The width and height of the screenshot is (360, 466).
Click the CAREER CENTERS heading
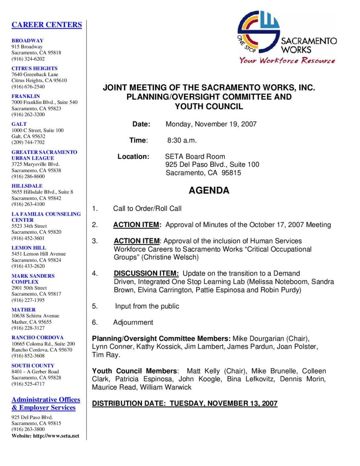tap(47, 25)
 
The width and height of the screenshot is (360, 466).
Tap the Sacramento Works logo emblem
tap(258, 32)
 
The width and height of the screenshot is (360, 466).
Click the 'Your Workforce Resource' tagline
tap(287, 60)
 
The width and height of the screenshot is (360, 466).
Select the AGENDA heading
tap(209, 190)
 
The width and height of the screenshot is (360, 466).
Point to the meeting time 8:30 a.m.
tap(182, 141)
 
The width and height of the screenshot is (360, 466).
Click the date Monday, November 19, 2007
tap(211, 124)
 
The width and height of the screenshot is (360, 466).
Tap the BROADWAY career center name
tap(27, 41)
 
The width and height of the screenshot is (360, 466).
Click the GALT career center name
tap(19, 124)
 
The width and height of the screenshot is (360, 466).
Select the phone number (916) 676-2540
tap(28, 87)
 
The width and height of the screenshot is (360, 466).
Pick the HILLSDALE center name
tap(27, 186)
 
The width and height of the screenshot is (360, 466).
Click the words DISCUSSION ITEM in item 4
tap(146, 274)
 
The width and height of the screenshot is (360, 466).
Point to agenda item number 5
tap(95, 306)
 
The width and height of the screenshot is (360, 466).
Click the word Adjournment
tap(133, 323)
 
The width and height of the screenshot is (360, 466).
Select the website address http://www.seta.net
tap(56, 436)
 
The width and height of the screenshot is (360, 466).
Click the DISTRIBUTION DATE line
tap(184, 403)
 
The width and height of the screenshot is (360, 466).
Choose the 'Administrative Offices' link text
tap(46, 400)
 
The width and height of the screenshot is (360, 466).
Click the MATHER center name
tap(24, 310)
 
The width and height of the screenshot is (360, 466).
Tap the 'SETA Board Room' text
tap(195, 157)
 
